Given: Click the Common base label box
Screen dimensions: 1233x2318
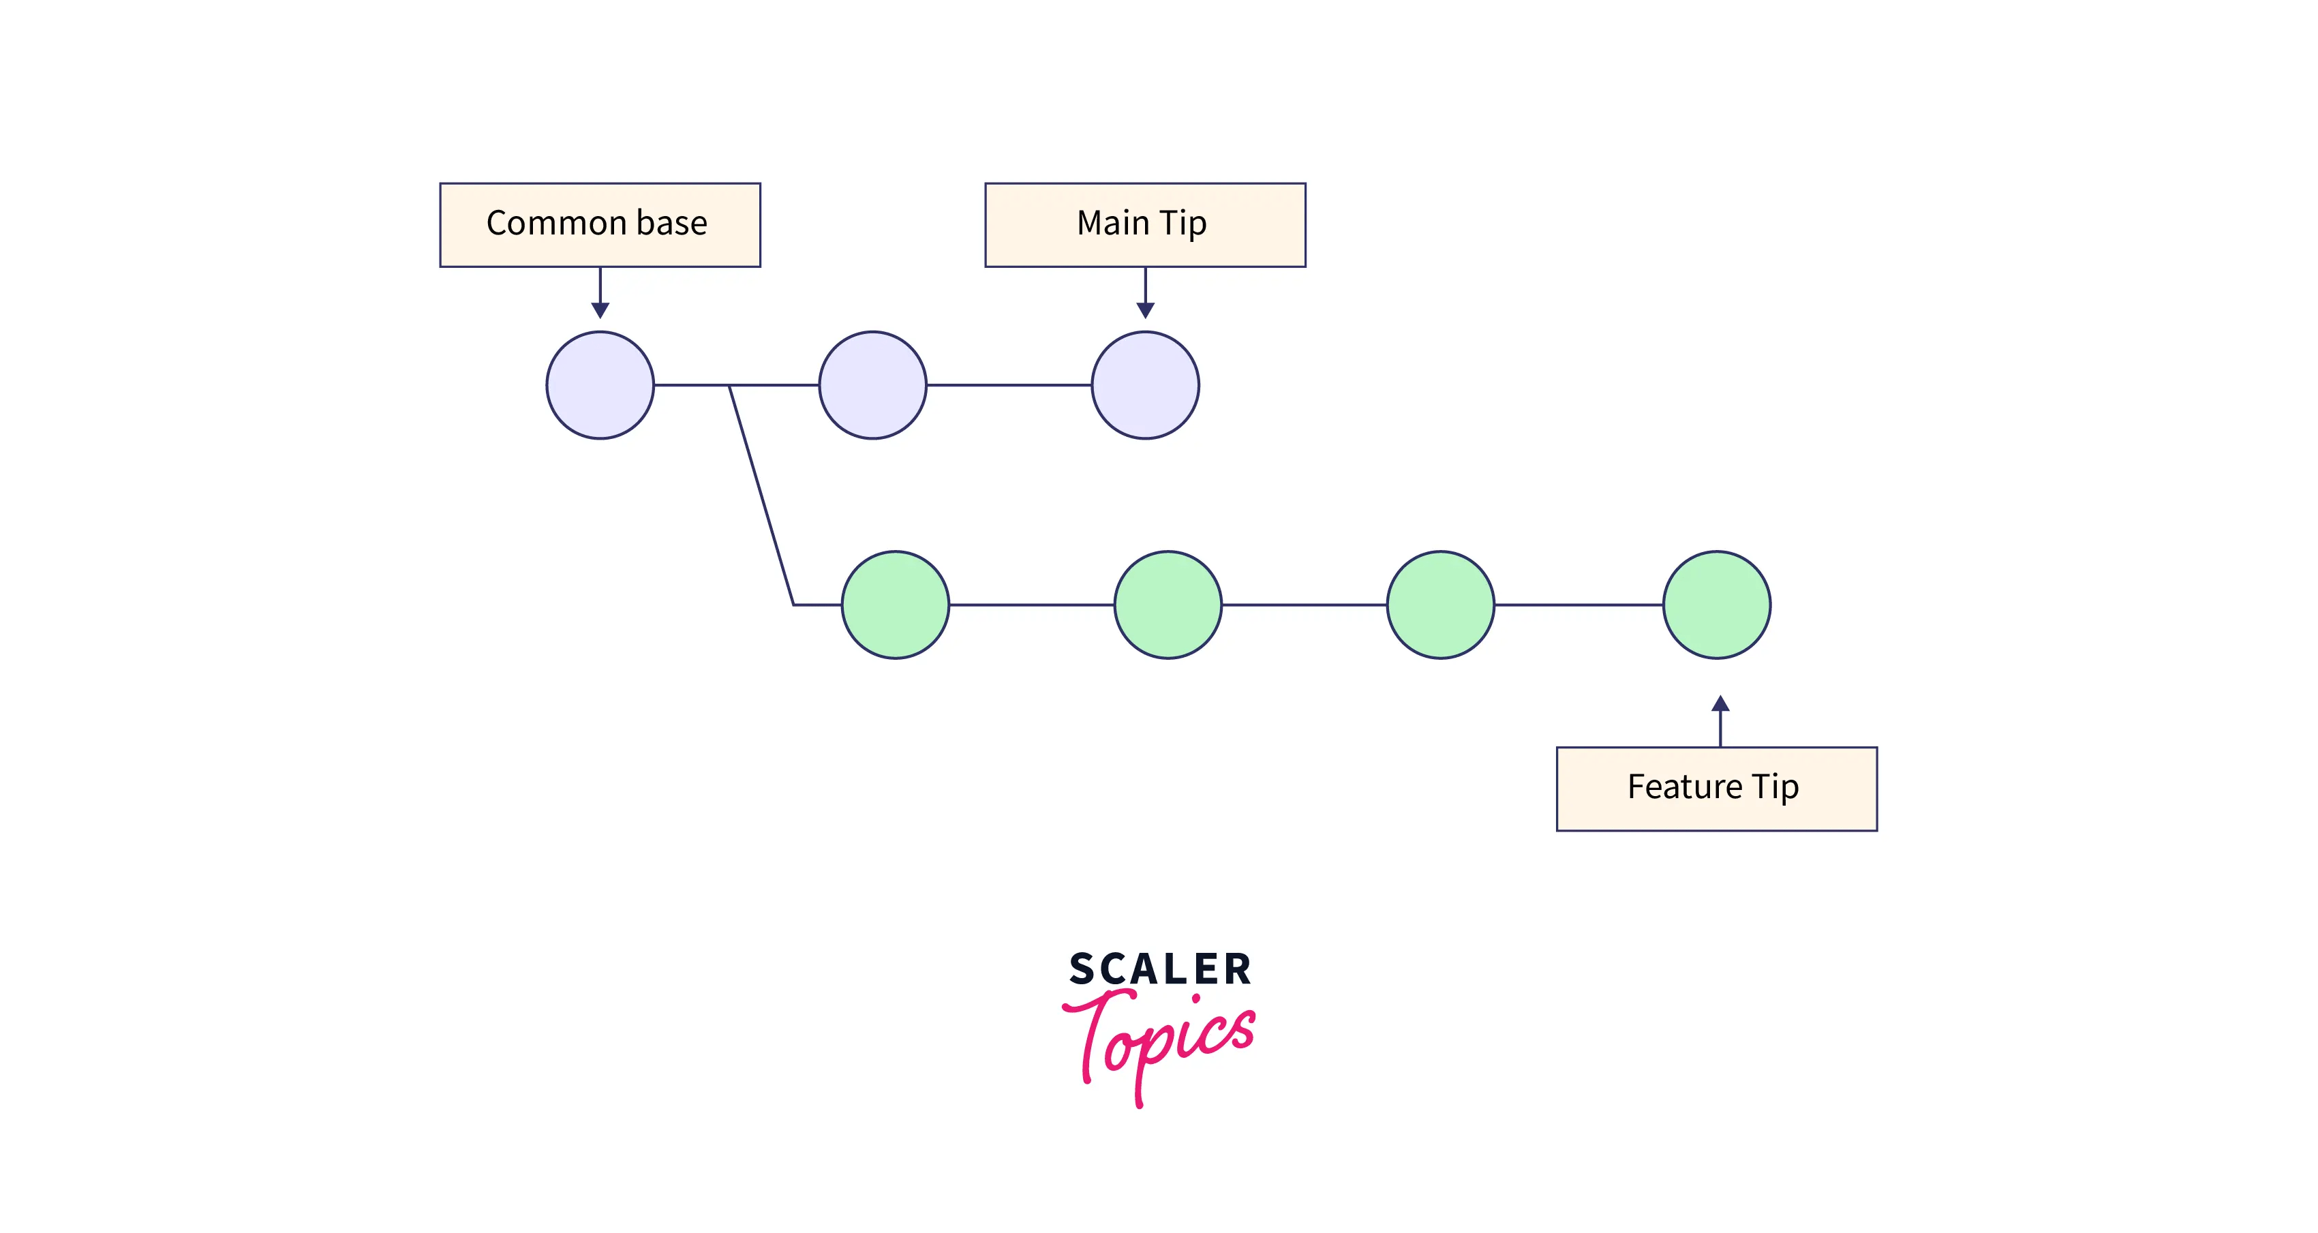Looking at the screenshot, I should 599,225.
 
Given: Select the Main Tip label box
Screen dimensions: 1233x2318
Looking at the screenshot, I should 1144,225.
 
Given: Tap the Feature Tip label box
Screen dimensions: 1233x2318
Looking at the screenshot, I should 1716,789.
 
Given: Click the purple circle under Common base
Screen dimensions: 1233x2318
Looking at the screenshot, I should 600,385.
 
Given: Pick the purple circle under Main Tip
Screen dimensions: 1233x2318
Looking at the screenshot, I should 1144,385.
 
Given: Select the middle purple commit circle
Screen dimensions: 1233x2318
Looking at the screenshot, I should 872,385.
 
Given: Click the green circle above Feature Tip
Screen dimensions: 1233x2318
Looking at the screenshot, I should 1716,605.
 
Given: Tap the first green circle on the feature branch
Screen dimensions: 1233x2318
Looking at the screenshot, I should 896,605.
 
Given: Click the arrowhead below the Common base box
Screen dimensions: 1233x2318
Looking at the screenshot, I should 600,309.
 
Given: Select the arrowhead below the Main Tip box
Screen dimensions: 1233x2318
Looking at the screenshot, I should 1144,309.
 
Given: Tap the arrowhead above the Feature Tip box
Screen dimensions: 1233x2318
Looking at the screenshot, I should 1720,704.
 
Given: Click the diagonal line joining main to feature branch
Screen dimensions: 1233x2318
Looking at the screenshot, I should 761,495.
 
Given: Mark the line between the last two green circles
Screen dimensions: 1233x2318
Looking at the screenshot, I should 1579,605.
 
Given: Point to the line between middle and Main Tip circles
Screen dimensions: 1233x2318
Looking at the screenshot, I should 1009,385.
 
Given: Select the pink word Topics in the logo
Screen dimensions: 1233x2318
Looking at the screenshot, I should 1161,1039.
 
